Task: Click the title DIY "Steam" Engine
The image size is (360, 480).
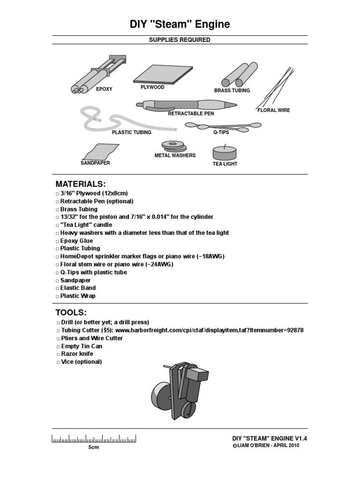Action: pyautogui.click(x=180, y=24)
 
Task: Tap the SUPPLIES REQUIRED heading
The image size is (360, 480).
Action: pyautogui.click(x=180, y=40)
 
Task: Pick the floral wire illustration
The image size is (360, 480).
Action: pyautogui.click(x=275, y=89)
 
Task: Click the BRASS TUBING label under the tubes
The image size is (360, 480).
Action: pyautogui.click(x=232, y=90)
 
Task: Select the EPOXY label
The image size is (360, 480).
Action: pyautogui.click(x=104, y=89)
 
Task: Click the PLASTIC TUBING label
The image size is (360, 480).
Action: pyautogui.click(x=131, y=133)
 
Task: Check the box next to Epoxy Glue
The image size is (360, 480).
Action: pyautogui.click(x=57, y=241)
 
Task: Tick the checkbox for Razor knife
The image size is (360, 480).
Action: pyautogui.click(x=57, y=354)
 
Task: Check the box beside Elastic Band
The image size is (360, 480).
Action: pyautogui.click(x=57, y=288)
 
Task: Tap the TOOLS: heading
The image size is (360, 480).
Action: pyautogui.click(x=71, y=312)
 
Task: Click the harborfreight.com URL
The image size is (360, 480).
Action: pyautogui.click(x=209, y=330)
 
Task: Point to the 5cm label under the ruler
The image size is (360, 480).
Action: pyautogui.click(x=94, y=448)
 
